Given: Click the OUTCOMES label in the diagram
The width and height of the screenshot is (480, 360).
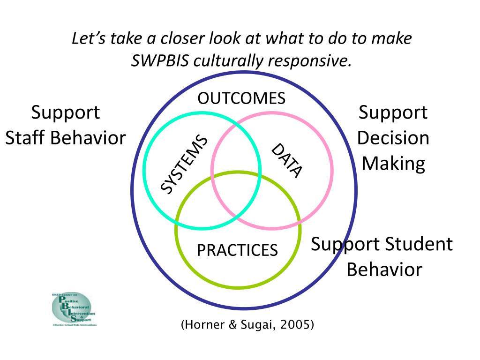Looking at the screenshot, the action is pyautogui.click(x=241, y=98).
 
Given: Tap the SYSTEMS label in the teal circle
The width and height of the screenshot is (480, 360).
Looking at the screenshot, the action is pyautogui.click(x=184, y=164).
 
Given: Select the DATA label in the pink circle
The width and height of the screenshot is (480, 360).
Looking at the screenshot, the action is pyautogui.click(x=287, y=161).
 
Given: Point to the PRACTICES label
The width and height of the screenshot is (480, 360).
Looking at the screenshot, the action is pyautogui.click(x=237, y=250).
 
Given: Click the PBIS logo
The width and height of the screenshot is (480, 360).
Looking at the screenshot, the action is pyautogui.click(x=73, y=309).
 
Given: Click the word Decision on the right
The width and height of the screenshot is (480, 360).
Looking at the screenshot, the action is pyautogui.click(x=393, y=138).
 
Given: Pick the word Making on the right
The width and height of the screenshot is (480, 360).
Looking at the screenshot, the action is pyautogui.click(x=393, y=164).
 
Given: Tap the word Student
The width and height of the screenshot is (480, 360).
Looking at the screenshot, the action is pyautogui.click(x=419, y=244).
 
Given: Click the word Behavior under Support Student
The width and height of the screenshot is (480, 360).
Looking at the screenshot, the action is pyautogui.click(x=384, y=270).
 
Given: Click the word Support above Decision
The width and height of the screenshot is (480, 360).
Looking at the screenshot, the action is pyautogui.click(x=393, y=113).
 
